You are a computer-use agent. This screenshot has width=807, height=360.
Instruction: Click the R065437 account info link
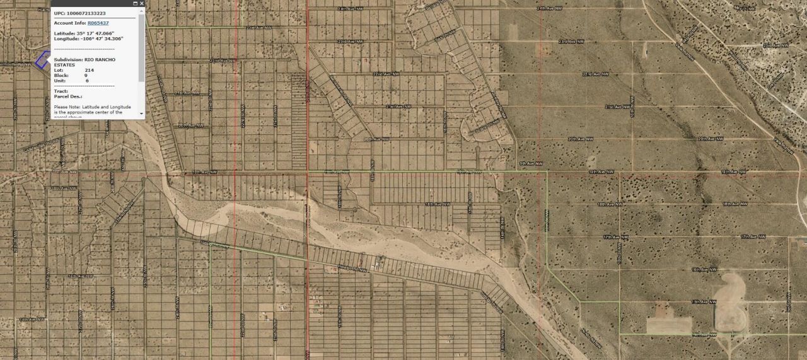(98, 23)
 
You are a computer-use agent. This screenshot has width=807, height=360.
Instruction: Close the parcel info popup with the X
(141, 4)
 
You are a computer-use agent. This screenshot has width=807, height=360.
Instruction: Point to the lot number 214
(90, 70)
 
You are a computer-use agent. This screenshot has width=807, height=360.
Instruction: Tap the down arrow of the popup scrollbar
(142, 116)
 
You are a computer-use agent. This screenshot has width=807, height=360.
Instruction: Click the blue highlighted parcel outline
(42, 60)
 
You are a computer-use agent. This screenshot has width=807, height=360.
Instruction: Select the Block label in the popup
(61, 75)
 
